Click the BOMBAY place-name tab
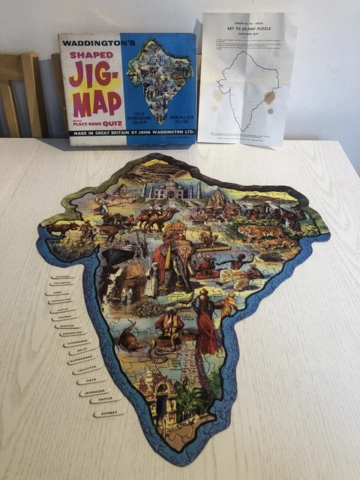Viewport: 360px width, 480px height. (x=109, y=412)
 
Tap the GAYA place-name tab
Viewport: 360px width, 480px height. (x=92, y=380)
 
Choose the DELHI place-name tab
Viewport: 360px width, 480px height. (x=79, y=350)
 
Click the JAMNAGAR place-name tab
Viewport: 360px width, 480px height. (x=95, y=391)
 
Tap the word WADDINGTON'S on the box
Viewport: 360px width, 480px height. (x=97, y=43)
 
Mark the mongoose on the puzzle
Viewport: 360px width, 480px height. (x=130, y=340)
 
